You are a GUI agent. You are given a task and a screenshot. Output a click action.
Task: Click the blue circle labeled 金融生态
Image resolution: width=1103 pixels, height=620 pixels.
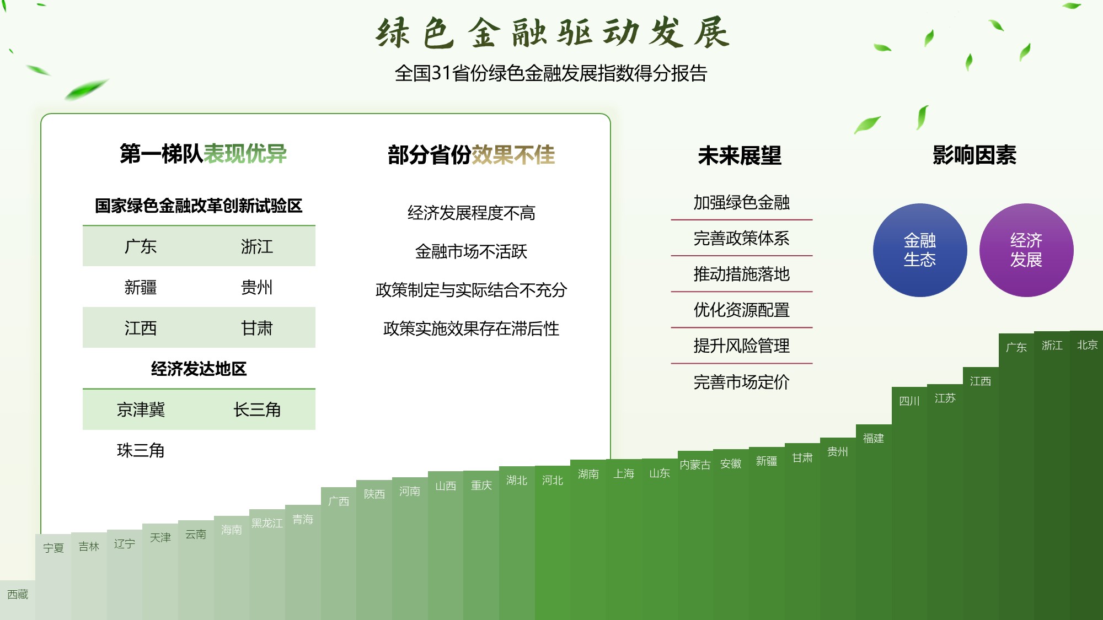click(x=920, y=250)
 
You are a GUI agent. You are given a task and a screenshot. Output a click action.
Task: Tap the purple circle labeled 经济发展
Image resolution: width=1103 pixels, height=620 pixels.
click(x=1026, y=250)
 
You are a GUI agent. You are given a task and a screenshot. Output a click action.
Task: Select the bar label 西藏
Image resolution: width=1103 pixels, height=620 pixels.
click(x=18, y=594)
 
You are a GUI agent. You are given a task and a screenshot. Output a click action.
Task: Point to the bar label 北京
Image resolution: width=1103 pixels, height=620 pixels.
click(x=1087, y=345)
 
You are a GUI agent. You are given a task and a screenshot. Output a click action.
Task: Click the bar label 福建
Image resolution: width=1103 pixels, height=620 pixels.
click(x=874, y=438)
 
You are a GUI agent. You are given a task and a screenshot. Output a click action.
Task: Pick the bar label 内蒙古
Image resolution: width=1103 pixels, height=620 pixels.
click(x=695, y=465)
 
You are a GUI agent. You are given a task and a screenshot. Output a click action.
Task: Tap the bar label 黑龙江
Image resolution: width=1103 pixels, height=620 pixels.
click(x=267, y=523)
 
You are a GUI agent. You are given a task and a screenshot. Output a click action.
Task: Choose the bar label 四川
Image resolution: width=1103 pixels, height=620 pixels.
click(x=909, y=401)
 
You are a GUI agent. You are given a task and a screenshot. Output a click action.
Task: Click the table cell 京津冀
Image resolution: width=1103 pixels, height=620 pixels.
click(x=141, y=409)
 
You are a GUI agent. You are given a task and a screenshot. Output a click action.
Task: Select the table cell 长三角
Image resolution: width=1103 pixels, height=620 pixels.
click(x=257, y=409)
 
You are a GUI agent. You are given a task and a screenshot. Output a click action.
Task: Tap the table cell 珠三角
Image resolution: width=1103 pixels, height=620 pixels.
click(x=141, y=450)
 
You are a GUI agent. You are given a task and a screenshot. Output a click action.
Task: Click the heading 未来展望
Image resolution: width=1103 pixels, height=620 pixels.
click(x=740, y=155)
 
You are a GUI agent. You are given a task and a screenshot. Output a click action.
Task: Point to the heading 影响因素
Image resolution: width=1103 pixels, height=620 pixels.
click(x=975, y=155)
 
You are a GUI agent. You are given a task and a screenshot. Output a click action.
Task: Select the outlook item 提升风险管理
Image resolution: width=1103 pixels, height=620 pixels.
click(x=742, y=346)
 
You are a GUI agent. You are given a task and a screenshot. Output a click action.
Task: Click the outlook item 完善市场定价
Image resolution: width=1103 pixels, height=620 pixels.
click(x=742, y=382)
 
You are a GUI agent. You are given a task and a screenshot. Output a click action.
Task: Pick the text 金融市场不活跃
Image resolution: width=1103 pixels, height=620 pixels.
click(x=471, y=251)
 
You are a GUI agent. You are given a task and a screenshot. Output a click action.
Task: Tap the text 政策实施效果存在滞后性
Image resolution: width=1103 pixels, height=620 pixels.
click(x=471, y=328)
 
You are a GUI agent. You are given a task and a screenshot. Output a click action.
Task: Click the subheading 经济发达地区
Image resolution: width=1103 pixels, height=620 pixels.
click(x=199, y=369)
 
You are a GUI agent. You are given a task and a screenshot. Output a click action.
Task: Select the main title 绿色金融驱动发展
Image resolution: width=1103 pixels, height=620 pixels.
click(x=553, y=33)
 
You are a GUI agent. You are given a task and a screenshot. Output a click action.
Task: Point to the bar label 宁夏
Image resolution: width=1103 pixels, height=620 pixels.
click(x=53, y=548)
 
